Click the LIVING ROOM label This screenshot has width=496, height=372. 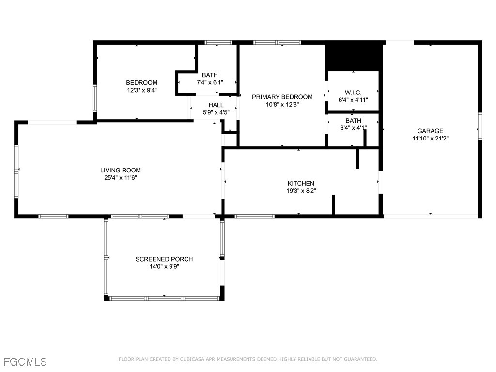click(121, 170)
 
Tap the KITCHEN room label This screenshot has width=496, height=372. click(301, 183)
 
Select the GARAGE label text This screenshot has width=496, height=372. click(430, 131)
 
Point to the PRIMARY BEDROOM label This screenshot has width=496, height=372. click(282, 97)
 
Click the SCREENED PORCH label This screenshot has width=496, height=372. click(164, 259)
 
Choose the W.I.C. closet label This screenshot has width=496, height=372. click(353, 93)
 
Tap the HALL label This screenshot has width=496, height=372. click(216, 105)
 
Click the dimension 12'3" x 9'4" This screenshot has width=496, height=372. click(141, 90)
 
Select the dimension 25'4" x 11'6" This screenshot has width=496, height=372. click(121, 178)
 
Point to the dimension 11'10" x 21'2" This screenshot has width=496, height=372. click(430, 138)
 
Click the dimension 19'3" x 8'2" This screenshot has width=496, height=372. click(301, 190)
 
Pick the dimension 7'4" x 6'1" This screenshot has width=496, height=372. click(210, 82)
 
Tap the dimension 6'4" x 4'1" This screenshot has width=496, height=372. click(353, 128)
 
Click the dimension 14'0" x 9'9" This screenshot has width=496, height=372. click(164, 266)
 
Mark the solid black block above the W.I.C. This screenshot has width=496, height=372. click(353, 56)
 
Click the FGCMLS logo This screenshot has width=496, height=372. click(26, 362)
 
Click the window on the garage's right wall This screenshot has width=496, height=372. click(480, 126)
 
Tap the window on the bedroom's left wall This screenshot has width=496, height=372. click(95, 98)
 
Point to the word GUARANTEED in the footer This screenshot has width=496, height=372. click(359, 359)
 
